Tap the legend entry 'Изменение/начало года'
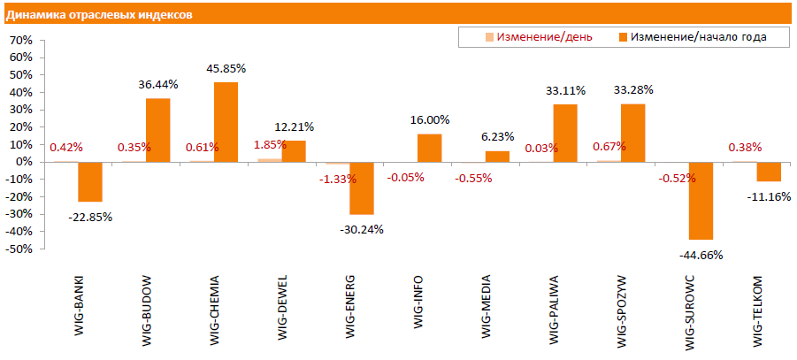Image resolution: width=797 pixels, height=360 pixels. tap(692, 37)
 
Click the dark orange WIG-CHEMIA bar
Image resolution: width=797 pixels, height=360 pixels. tap(226, 122)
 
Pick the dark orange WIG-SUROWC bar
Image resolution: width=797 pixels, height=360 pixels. tap(701, 201)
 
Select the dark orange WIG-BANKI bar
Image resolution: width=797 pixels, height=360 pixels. tap(90, 181)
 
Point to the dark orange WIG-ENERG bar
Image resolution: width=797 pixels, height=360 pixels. tap(362, 188)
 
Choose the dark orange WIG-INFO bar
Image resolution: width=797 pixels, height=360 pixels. tap(429, 148)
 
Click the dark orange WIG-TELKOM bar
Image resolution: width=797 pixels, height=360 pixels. tap(769, 172)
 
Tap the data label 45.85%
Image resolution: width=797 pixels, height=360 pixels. tap(226, 68)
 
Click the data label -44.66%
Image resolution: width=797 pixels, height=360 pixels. tap(701, 255)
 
